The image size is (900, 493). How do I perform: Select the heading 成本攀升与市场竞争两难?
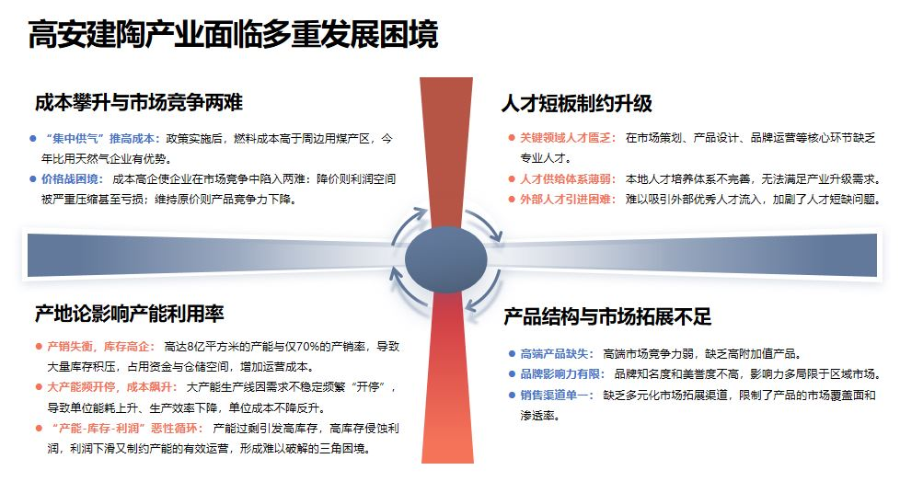coord(139,102)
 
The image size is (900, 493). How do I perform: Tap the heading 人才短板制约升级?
coord(577,104)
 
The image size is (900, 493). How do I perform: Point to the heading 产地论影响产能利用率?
coord(130,314)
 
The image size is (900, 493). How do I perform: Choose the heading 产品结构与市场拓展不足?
coord(607,317)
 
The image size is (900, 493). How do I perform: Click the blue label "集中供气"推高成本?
coord(102,138)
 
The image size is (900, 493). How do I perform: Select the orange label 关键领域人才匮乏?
coord(566,138)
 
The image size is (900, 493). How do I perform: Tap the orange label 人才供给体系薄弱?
coord(566,178)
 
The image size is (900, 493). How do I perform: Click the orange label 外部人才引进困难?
coord(566,199)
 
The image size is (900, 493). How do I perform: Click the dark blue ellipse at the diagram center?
coord(446,257)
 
